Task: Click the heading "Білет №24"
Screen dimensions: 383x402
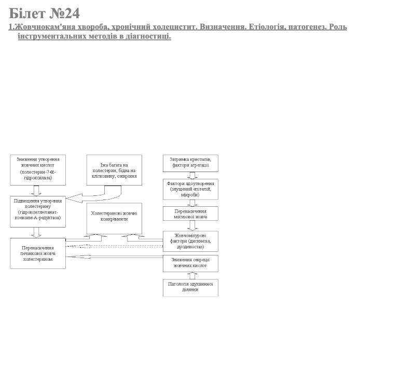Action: (x=44, y=13)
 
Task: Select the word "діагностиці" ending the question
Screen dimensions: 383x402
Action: (x=147, y=36)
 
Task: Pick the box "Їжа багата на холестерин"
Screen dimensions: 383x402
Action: (x=114, y=170)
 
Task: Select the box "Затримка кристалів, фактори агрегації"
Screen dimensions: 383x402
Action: (x=190, y=163)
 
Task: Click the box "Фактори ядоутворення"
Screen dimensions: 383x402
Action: (x=190, y=189)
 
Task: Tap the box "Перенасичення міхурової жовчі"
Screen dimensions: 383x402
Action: (x=190, y=214)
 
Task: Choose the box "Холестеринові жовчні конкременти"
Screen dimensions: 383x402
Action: (x=114, y=218)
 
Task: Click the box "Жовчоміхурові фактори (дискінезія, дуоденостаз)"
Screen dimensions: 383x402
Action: (x=190, y=241)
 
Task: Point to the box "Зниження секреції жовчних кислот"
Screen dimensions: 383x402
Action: (x=190, y=263)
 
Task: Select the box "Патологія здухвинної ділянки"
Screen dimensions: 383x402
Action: (x=190, y=288)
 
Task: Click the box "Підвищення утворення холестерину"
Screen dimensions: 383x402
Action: (x=37, y=211)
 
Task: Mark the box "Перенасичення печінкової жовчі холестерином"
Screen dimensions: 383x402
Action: (x=37, y=253)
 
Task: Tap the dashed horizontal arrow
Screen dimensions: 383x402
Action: (x=114, y=246)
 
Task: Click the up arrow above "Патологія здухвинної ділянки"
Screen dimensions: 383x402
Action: (x=190, y=276)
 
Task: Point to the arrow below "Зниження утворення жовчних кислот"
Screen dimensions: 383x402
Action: (x=36, y=190)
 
